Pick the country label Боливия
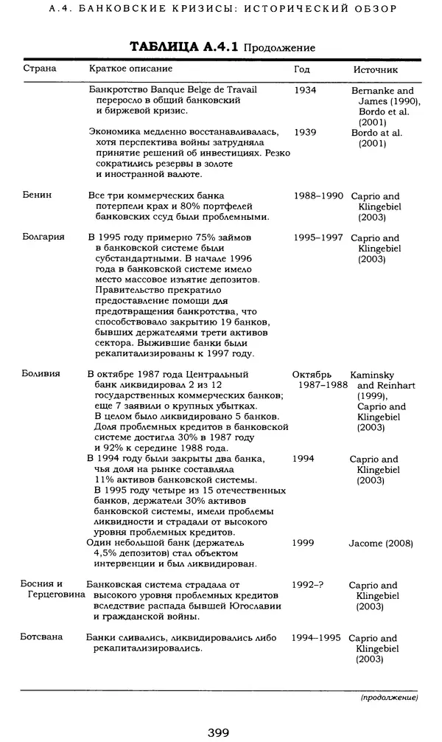coord(41,374)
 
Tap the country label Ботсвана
coord(42,637)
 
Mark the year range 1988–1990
coord(318,196)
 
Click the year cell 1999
coord(304,543)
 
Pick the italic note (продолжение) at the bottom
coord(389,697)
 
